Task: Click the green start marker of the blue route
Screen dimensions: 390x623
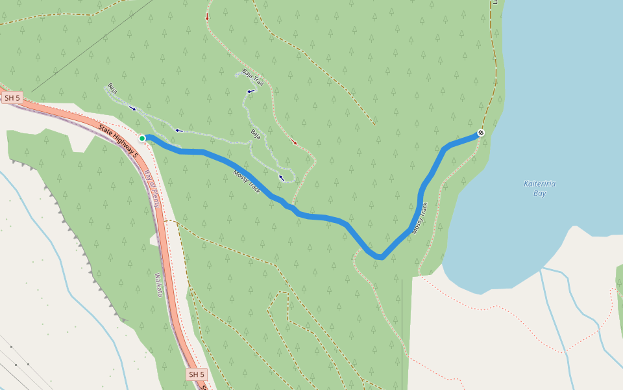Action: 142,138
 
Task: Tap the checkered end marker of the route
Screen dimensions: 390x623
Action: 481,133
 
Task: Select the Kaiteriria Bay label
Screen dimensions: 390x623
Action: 539,188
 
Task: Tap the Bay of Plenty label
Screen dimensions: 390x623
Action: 153,189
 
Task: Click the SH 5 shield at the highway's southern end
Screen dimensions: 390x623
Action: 197,374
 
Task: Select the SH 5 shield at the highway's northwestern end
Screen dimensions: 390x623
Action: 12,98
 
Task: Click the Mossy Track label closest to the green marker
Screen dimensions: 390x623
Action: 247,182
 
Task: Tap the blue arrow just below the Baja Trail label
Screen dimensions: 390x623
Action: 250,92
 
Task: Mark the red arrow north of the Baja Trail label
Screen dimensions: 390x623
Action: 208,18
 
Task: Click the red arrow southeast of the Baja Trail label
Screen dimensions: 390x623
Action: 294,142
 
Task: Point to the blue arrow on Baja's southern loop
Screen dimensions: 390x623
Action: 282,177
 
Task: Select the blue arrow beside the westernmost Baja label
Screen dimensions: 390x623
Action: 133,108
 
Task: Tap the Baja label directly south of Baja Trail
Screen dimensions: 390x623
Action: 256,134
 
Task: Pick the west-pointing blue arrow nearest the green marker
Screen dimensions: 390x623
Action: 178,131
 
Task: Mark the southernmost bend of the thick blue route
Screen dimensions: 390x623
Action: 380,257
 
